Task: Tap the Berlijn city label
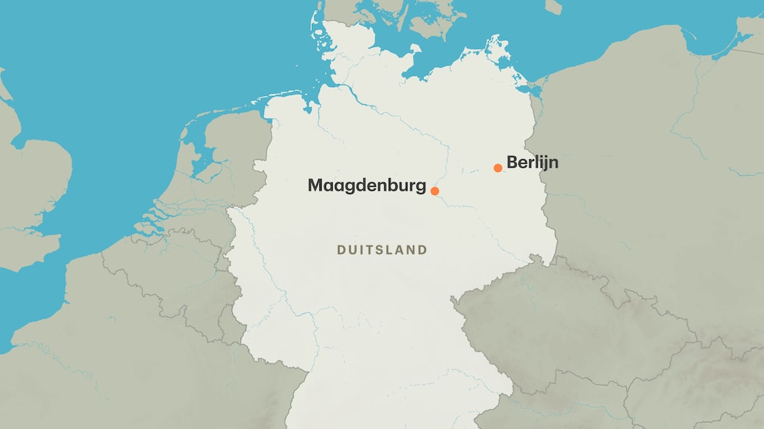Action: pyautogui.click(x=532, y=162)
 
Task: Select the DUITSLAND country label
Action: pyautogui.click(x=382, y=250)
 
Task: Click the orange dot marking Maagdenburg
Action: pyautogui.click(x=435, y=191)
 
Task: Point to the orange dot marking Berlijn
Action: pyautogui.click(x=498, y=168)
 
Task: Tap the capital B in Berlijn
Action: pyautogui.click(x=512, y=162)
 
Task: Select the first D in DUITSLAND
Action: pyautogui.click(x=341, y=250)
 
